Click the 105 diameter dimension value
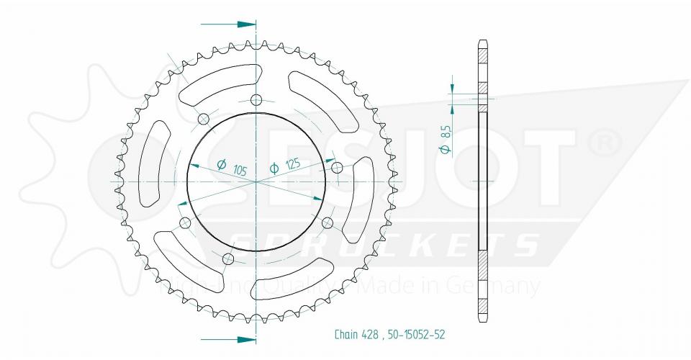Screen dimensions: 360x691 coord(240,171)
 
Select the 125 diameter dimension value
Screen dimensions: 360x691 coord(292,165)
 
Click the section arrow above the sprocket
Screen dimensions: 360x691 coord(228,24)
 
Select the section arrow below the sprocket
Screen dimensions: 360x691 coord(228,338)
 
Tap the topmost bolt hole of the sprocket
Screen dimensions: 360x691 coord(256,99)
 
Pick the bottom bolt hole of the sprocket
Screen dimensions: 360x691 coord(230,258)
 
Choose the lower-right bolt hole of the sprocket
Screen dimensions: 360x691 coord(328,221)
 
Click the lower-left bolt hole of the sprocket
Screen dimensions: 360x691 coord(185,223)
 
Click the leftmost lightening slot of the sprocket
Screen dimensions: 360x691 coord(153,163)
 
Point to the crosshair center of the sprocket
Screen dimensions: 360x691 coord(256,181)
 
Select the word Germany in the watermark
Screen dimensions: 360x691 coord(497,286)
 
